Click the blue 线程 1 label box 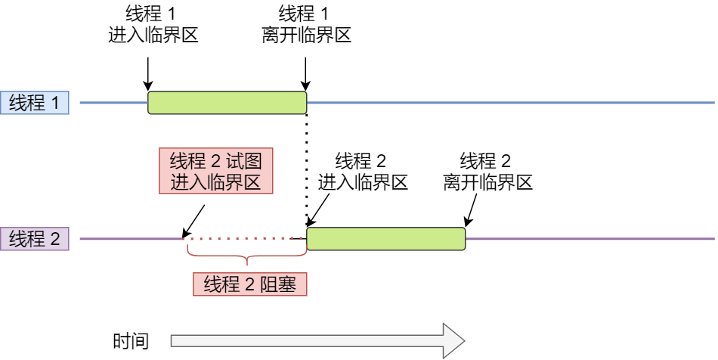pos(35,103)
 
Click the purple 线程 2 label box pos(35,240)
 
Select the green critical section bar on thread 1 pos(227,103)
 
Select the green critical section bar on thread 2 pos(385,239)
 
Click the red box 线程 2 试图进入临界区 pos(215,171)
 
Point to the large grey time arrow pos(317,341)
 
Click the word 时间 pos(131,341)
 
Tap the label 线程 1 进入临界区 pos(153,25)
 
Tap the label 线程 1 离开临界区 pos(307,25)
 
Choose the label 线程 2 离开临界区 pos(487,172)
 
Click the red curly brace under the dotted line pos(246,258)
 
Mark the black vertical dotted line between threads pos(306,166)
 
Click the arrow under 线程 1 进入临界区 pos(148,73)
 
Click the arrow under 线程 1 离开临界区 pos(305,73)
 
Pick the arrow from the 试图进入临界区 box pos(193,219)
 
